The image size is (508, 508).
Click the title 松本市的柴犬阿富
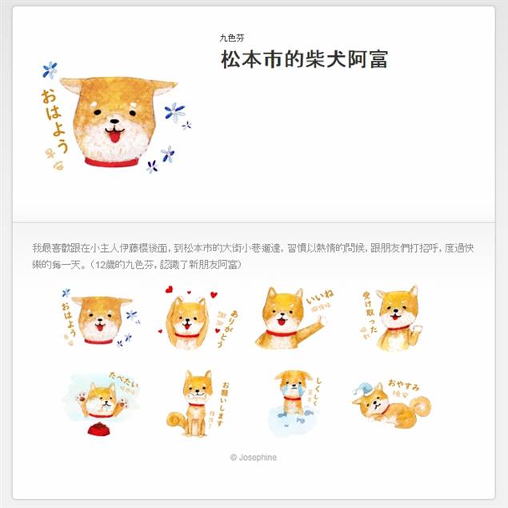(305, 61)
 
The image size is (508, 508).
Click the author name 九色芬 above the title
(232, 38)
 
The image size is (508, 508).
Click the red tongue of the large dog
(115, 137)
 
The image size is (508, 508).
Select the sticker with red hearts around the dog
(190, 319)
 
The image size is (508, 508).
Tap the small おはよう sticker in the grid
(98, 319)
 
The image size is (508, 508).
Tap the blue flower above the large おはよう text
(50, 70)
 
